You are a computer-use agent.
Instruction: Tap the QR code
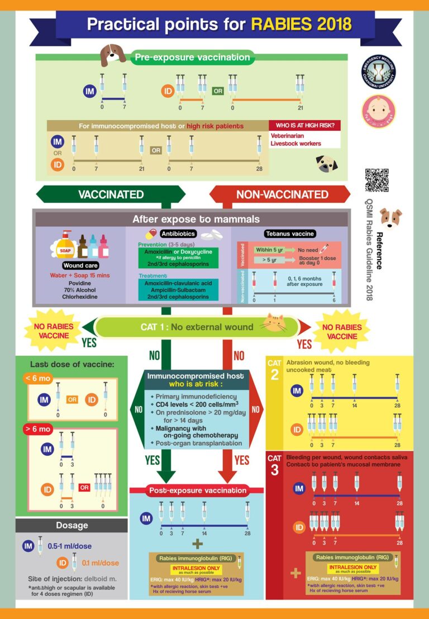coord(376,180)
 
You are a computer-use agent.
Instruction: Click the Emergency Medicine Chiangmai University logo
coord(378,72)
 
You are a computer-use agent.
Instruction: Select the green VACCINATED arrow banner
coord(111,194)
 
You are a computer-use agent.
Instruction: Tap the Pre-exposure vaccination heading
coord(192,57)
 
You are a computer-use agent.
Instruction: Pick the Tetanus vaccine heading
coord(289,234)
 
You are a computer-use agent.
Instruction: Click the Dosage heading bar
coord(71,525)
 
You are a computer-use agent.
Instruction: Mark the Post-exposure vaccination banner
coord(197,491)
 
